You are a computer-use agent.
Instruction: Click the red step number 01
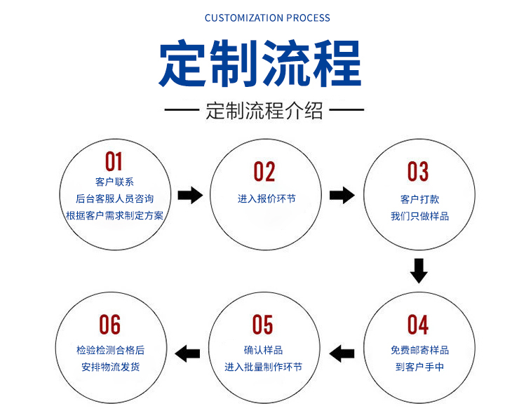(x=114, y=161)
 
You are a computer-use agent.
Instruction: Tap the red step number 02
(x=264, y=172)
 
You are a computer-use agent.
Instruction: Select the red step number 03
(x=418, y=171)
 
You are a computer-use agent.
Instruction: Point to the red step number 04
(x=418, y=325)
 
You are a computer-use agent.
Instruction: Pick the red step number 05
(x=263, y=325)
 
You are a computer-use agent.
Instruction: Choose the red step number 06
(x=109, y=325)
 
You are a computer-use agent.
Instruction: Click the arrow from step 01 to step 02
(x=190, y=195)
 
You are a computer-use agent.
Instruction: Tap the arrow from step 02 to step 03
(x=342, y=195)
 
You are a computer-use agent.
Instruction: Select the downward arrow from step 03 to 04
(x=419, y=271)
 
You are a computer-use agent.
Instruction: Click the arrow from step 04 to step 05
(x=342, y=353)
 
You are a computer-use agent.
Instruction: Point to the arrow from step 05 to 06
(x=187, y=353)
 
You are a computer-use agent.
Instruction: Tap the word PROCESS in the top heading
(x=309, y=18)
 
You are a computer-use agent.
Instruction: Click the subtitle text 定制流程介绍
(x=264, y=110)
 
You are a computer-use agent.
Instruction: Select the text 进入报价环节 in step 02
(x=267, y=199)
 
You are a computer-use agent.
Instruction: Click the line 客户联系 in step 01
(x=115, y=182)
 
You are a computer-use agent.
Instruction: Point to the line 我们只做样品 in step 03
(x=419, y=216)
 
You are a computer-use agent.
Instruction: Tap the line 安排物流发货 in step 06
(x=111, y=367)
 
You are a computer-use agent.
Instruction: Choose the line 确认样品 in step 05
(x=263, y=351)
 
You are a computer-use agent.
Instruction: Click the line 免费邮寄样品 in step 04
(x=419, y=351)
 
